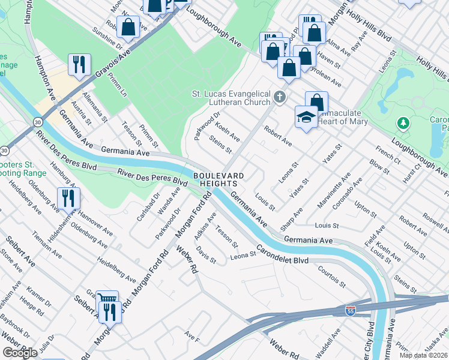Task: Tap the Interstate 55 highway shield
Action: click(x=350, y=311)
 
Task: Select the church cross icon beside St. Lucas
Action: click(x=279, y=97)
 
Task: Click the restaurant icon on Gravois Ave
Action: click(x=79, y=64)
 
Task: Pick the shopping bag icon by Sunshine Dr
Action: click(x=128, y=26)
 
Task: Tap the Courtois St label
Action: click(x=332, y=276)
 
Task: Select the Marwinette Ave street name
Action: click(x=334, y=191)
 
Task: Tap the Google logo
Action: click(x=20, y=352)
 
